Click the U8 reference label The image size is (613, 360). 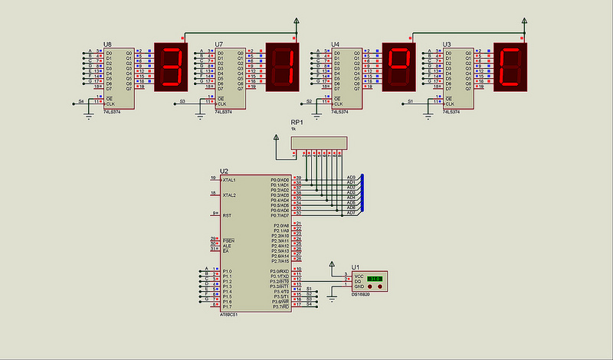pos(107,44)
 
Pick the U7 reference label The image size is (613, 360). pos(219,44)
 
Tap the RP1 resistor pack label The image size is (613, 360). pos(297,123)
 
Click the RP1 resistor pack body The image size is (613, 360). pos(318,143)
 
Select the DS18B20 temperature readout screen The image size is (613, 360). pos(375,278)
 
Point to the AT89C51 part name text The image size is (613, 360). pos(230,313)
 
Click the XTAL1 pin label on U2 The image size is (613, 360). pos(229,180)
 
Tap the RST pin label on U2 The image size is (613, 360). pos(227,216)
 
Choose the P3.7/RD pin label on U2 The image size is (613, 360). pos(280,306)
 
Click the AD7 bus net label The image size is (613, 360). pos(351,212)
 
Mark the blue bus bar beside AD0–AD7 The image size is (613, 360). pos(362,195)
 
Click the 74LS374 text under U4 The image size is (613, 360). pos(342,112)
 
